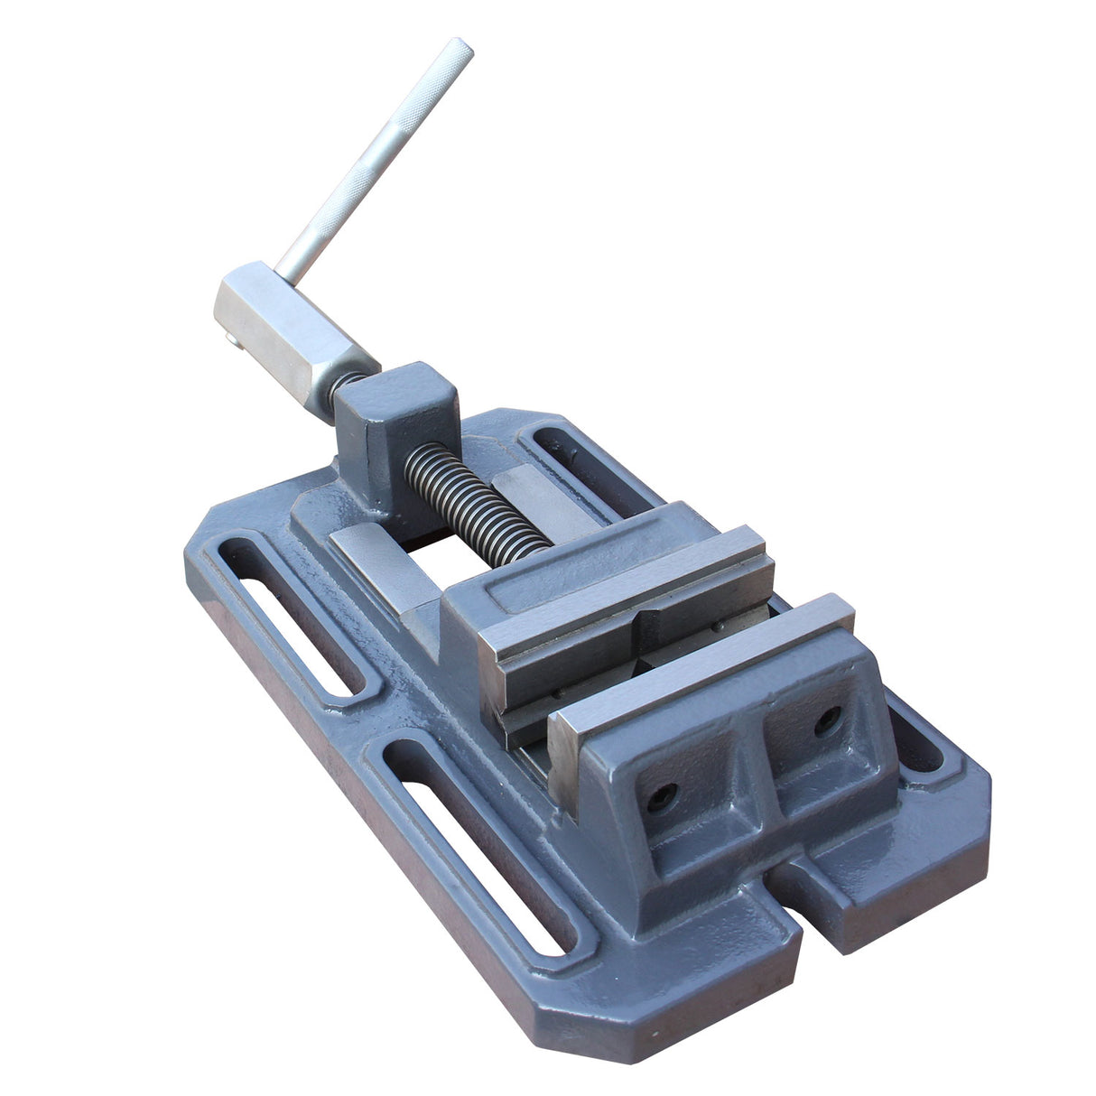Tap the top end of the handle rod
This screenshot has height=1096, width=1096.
(x=462, y=47)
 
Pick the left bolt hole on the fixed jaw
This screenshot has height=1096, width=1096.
(x=661, y=794)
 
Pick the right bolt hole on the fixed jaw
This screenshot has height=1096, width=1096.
(x=827, y=720)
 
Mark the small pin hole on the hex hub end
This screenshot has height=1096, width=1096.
(x=231, y=338)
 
